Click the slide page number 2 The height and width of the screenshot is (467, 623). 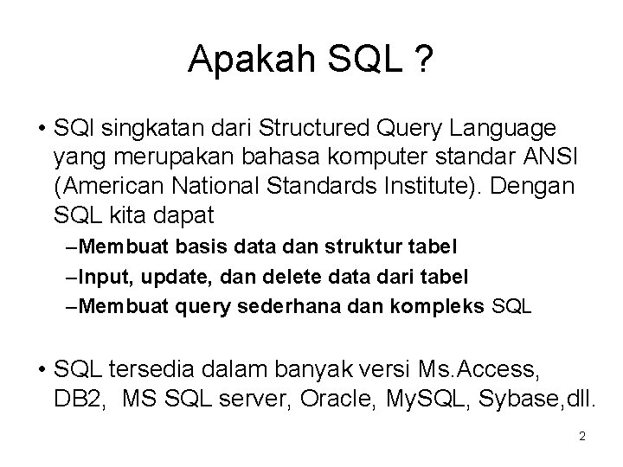point(581,437)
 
